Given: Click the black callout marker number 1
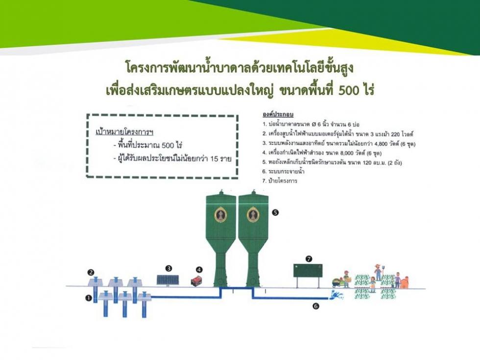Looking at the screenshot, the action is [89, 297].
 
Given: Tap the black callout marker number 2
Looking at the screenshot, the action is [91, 272].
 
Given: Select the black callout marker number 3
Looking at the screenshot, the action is [168, 268].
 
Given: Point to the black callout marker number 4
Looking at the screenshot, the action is [199, 270].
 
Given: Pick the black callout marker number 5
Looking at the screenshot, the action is [275, 212].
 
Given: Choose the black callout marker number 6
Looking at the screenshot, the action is [316, 306].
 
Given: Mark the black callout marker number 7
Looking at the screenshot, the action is [309, 259].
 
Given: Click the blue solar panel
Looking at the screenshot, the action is [168, 280].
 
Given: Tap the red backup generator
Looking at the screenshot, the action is [196, 281].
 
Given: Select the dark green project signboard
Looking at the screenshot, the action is [308, 270].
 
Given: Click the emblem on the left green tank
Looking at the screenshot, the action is [221, 215].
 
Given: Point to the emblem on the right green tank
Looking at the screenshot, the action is [253, 215].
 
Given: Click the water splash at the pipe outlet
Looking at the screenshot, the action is [336, 295].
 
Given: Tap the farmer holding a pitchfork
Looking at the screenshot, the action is [378, 272].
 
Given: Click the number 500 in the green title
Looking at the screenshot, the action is [348, 90].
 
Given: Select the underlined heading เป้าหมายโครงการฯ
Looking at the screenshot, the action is [124, 132].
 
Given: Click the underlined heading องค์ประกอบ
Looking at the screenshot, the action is [278, 115].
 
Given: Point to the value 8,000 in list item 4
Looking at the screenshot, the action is [347, 153].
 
